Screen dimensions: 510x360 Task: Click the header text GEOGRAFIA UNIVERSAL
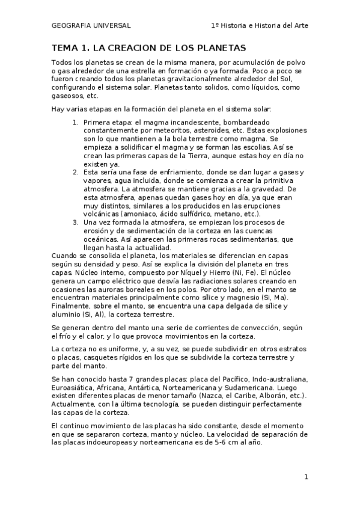[91, 26]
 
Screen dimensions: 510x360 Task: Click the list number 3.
[76, 222]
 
